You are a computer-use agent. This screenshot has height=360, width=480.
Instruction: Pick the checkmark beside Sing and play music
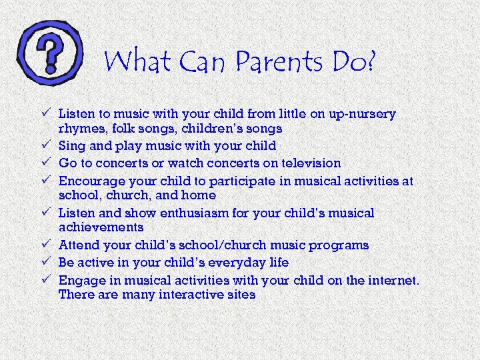point(45,145)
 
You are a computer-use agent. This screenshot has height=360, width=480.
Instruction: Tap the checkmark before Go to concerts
point(45,162)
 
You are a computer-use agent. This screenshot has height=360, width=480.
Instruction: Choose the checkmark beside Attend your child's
point(45,245)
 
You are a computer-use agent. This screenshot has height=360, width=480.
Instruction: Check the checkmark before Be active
point(45,262)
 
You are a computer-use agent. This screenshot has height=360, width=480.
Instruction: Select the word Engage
point(79,279)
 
